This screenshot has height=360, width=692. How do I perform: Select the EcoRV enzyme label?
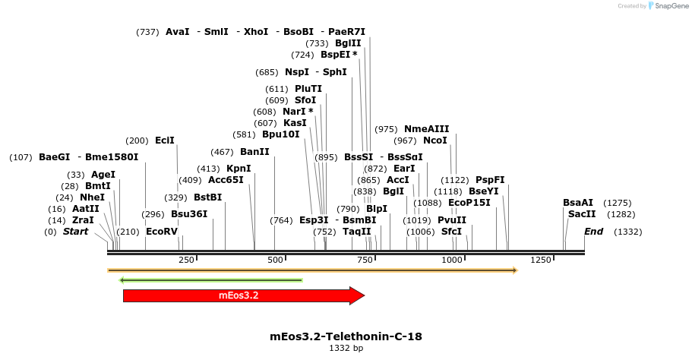click(161, 232)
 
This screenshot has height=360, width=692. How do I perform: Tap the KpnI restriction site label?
click(239, 169)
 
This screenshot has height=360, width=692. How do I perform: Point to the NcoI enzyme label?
click(435, 141)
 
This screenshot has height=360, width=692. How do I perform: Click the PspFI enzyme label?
click(490, 180)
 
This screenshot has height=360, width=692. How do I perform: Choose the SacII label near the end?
click(582, 214)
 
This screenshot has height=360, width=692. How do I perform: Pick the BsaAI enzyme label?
click(578, 203)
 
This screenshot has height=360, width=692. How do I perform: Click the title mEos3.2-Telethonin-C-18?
click(346, 336)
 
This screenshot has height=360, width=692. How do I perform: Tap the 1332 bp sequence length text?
click(346, 348)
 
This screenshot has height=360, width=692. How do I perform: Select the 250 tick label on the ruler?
click(186, 260)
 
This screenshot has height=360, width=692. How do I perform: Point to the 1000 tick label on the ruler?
click(452, 260)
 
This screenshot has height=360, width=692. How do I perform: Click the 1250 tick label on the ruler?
click(541, 260)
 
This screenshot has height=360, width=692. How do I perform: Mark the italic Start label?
click(75, 232)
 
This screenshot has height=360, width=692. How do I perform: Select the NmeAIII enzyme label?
click(427, 129)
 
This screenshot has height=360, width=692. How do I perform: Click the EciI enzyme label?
click(165, 141)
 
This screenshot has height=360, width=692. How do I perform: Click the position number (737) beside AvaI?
click(147, 32)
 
